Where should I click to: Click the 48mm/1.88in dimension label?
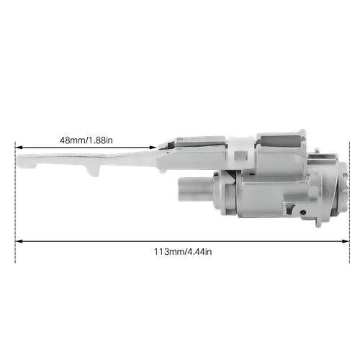(86, 140)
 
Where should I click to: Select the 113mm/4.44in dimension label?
(183, 252)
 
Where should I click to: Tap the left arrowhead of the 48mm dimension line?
(19, 147)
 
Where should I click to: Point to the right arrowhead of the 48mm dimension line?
(153, 147)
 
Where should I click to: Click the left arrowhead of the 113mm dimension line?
(19, 241)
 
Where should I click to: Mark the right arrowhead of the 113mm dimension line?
(346, 241)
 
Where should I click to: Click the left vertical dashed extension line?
(15, 202)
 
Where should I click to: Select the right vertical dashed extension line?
(349, 202)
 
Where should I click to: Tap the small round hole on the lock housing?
(303, 212)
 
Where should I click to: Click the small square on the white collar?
(241, 156)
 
